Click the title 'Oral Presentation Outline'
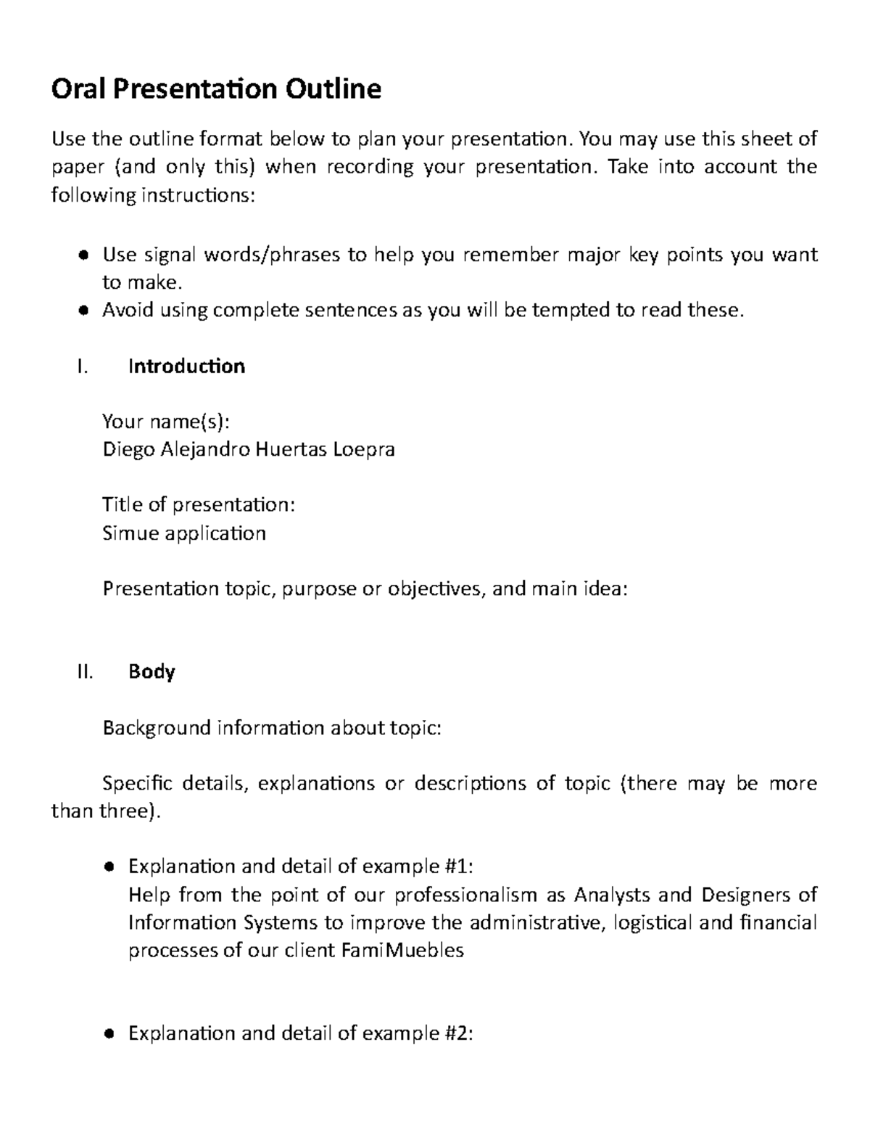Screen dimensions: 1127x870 tap(216, 89)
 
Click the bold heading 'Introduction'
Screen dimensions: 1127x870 tap(186, 366)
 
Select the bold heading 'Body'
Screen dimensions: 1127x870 tap(152, 672)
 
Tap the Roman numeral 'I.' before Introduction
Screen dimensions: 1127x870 tap(82, 366)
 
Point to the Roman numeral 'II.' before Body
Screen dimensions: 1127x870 tap(85, 672)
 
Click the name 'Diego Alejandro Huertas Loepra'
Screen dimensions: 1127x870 tap(249, 450)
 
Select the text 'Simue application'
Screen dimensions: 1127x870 tap(184, 533)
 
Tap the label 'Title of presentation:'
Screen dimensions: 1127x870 tap(199, 505)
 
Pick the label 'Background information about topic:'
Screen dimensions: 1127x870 tap(272, 728)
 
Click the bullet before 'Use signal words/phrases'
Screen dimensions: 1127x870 tap(83, 255)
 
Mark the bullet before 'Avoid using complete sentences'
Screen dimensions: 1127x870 tap(83, 311)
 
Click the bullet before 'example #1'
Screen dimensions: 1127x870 tap(109, 866)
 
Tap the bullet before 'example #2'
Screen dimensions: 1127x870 tap(109, 1034)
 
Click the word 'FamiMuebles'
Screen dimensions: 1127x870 tap(402, 951)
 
